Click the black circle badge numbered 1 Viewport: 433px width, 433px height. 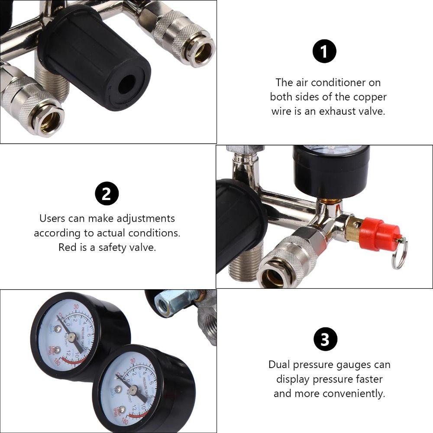[324, 52]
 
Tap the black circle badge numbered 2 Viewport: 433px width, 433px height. [107, 194]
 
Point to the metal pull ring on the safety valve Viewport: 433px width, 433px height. [399, 256]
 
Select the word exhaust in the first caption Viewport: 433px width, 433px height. [339, 111]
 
